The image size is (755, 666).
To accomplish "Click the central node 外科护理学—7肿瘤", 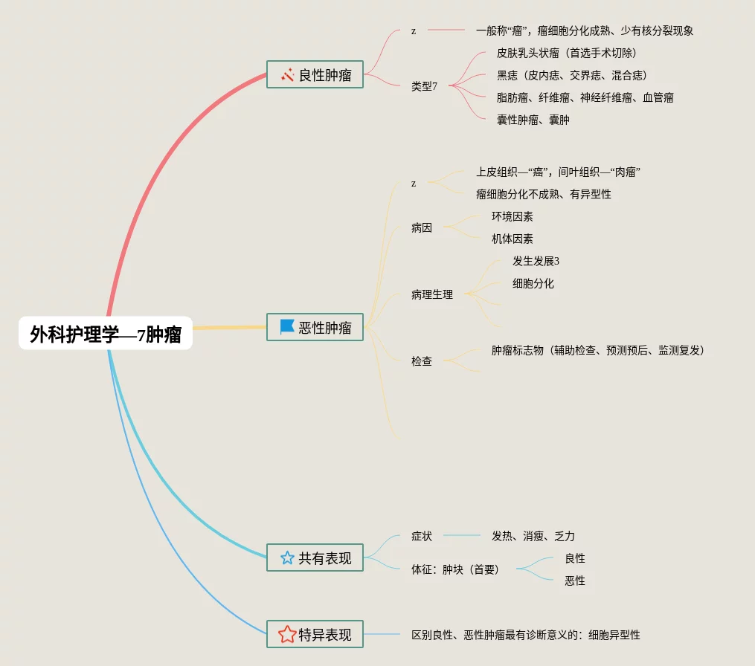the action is click(x=106, y=334).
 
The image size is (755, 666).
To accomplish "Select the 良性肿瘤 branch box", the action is click(x=315, y=74).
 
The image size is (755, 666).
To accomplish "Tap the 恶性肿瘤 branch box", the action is click(x=315, y=327).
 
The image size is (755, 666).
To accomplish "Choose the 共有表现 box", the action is click(x=315, y=557).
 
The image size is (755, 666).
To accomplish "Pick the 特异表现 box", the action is click(x=315, y=635).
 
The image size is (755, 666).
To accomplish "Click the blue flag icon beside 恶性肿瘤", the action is click(x=287, y=326).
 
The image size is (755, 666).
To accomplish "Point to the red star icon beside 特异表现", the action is click(x=287, y=634).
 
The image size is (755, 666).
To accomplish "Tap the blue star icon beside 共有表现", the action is click(x=287, y=557).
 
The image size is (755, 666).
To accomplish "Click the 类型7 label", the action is click(x=424, y=86).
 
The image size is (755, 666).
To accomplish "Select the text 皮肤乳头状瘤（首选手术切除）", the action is click(x=566, y=53).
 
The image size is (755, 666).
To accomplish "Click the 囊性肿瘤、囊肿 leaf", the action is click(x=533, y=120).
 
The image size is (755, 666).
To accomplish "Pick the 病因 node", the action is click(x=421, y=228).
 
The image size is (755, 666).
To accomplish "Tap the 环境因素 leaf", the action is click(x=512, y=216).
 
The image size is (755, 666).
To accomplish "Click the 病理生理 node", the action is click(x=431, y=294).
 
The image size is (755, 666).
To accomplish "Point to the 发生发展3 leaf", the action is click(x=536, y=261).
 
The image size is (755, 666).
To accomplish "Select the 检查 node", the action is click(x=421, y=361).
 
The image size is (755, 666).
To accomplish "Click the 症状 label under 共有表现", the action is click(x=421, y=536).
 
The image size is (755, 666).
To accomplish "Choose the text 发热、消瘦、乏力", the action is click(x=533, y=536).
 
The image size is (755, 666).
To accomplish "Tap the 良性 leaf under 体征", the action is click(x=574, y=558).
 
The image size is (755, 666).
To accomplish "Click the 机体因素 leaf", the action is click(x=512, y=239).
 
